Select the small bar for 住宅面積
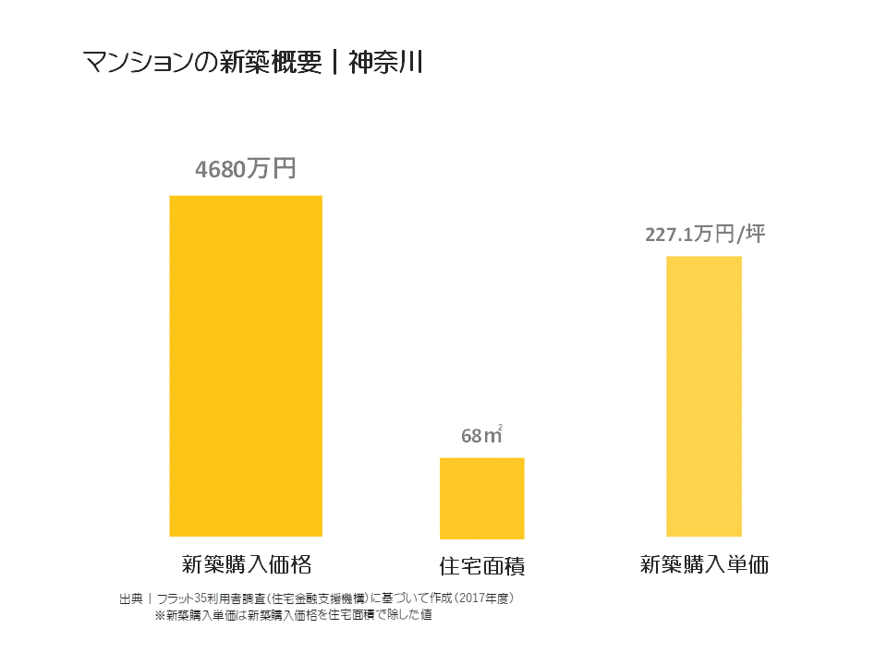(481, 498)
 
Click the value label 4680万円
(245, 170)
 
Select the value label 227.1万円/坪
(705, 235)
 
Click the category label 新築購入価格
(245, 563)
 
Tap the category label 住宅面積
(481, 564)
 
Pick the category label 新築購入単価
(704, 564)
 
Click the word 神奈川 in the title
(385, 63)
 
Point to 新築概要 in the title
(269, 63)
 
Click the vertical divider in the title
(334, 63)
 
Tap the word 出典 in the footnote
(130, 598)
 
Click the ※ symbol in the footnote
(159, 615)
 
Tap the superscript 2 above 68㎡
(500, 426)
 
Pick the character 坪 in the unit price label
(756, 234)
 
